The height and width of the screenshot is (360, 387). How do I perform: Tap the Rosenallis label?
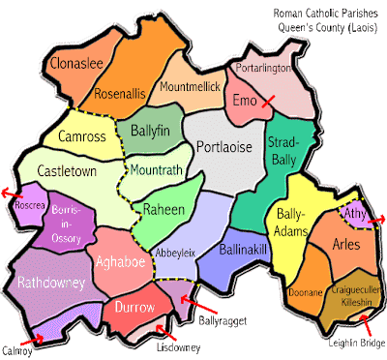(121, 95)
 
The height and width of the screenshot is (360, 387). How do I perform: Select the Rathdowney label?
(52, 282)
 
